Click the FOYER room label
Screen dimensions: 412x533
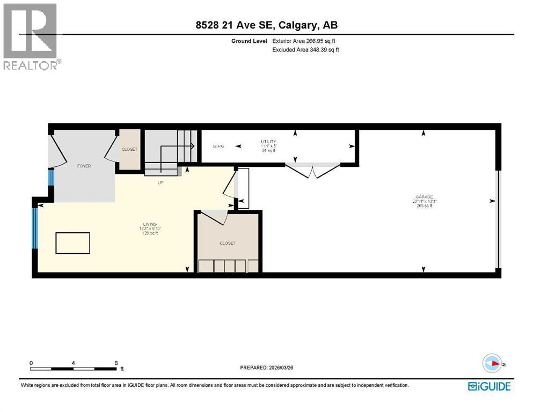[83, 166]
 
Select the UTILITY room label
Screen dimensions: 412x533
[268, 142]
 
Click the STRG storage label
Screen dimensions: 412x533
[218, 146]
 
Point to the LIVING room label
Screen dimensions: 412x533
[150, 224]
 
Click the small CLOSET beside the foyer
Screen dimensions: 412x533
[129, 149]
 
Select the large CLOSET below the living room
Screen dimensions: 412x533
[228, 243]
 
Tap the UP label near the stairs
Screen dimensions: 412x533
[160, 182]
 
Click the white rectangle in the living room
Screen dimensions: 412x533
[73, 242]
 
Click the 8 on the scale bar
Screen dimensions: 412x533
[116, 363]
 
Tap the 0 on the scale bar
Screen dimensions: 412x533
[32, 363]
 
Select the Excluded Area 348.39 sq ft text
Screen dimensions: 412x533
[305, 50]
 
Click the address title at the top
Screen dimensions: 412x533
[266, 25]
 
